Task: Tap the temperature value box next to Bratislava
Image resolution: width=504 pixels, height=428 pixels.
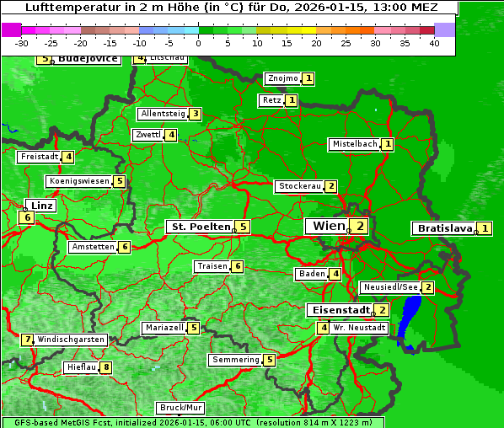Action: pos(485,228)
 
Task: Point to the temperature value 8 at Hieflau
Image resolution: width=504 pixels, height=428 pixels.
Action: pos(106,367)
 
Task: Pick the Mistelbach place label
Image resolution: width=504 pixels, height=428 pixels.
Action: pos(354,144)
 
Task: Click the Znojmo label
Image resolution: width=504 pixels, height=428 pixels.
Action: pos(282,78)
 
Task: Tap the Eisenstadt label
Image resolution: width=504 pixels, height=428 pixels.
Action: pos(338,310)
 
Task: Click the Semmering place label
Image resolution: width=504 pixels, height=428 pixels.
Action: pos(236,360)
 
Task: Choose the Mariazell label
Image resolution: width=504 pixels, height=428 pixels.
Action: pos(164,328)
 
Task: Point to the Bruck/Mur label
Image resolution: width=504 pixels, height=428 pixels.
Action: pos(181,408)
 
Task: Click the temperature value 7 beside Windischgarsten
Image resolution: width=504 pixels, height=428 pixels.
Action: pos(28,340)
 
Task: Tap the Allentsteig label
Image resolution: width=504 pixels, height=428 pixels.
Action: pos(163,114)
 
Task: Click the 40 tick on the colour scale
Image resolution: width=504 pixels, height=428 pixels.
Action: pos(434,44)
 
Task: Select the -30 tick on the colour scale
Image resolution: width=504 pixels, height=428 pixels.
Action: pos(22,44)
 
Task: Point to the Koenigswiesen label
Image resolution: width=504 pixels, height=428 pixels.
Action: pos(79,181)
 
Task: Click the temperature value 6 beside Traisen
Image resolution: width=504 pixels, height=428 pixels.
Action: pos(238,266)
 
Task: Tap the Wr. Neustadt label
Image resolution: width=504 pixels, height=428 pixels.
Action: pos(359,328)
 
